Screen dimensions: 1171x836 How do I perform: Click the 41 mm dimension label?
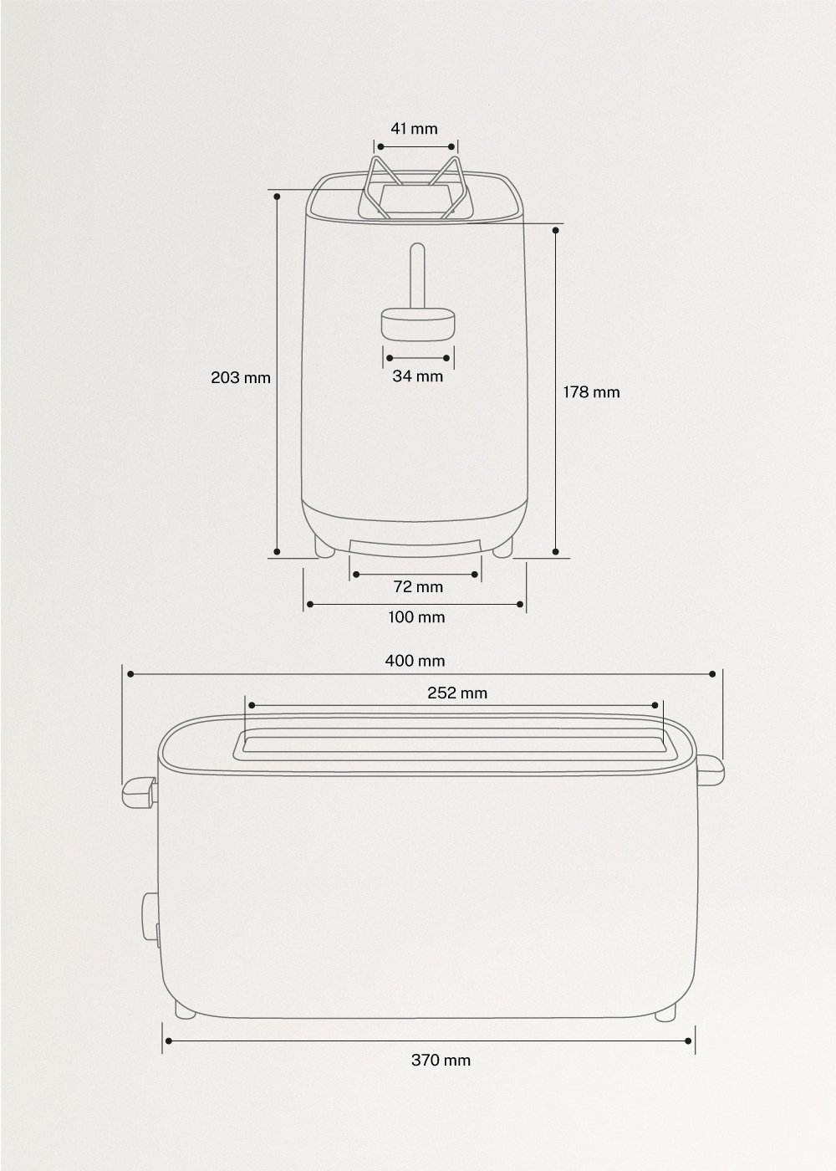[414, 129]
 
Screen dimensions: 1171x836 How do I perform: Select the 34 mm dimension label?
[417, 376]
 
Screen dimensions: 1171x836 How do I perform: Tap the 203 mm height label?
[241, 377]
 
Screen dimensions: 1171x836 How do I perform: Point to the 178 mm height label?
[591, 391]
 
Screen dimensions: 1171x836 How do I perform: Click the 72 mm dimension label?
[418, 586]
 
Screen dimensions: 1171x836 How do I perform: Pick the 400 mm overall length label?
[415, 661]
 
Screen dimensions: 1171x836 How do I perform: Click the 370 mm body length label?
[441, 1060]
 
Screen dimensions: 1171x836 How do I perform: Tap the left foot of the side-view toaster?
[186, 1012]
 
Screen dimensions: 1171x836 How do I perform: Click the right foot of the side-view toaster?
[665, 1012]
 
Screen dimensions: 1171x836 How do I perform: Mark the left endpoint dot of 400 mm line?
[130, 673]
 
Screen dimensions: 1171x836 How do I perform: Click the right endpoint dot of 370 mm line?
[688, 1041]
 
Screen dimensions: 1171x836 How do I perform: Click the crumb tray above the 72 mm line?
[415, 546]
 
